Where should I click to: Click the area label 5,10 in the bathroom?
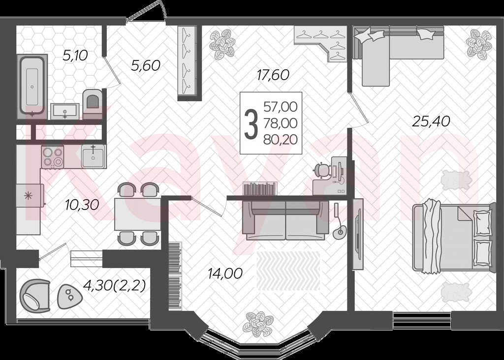tap(75, 56)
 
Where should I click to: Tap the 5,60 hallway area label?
tap(146, 65)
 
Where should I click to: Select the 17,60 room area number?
tap(273, 75)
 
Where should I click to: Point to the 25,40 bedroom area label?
tap(431, 121)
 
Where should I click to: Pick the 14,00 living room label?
tap(225, 273)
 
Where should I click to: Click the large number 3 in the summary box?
tap(252, 123)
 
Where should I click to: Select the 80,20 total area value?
tap(280, 139)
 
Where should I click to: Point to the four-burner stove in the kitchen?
tap(52, 156)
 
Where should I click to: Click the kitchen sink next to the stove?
tap(93, 156)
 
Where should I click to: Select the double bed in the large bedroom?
tap(453, 238)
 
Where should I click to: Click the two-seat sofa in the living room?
tap(286, 220)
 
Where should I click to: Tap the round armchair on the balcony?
tap(35, 295)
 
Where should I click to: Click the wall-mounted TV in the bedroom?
tap(357, 235)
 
